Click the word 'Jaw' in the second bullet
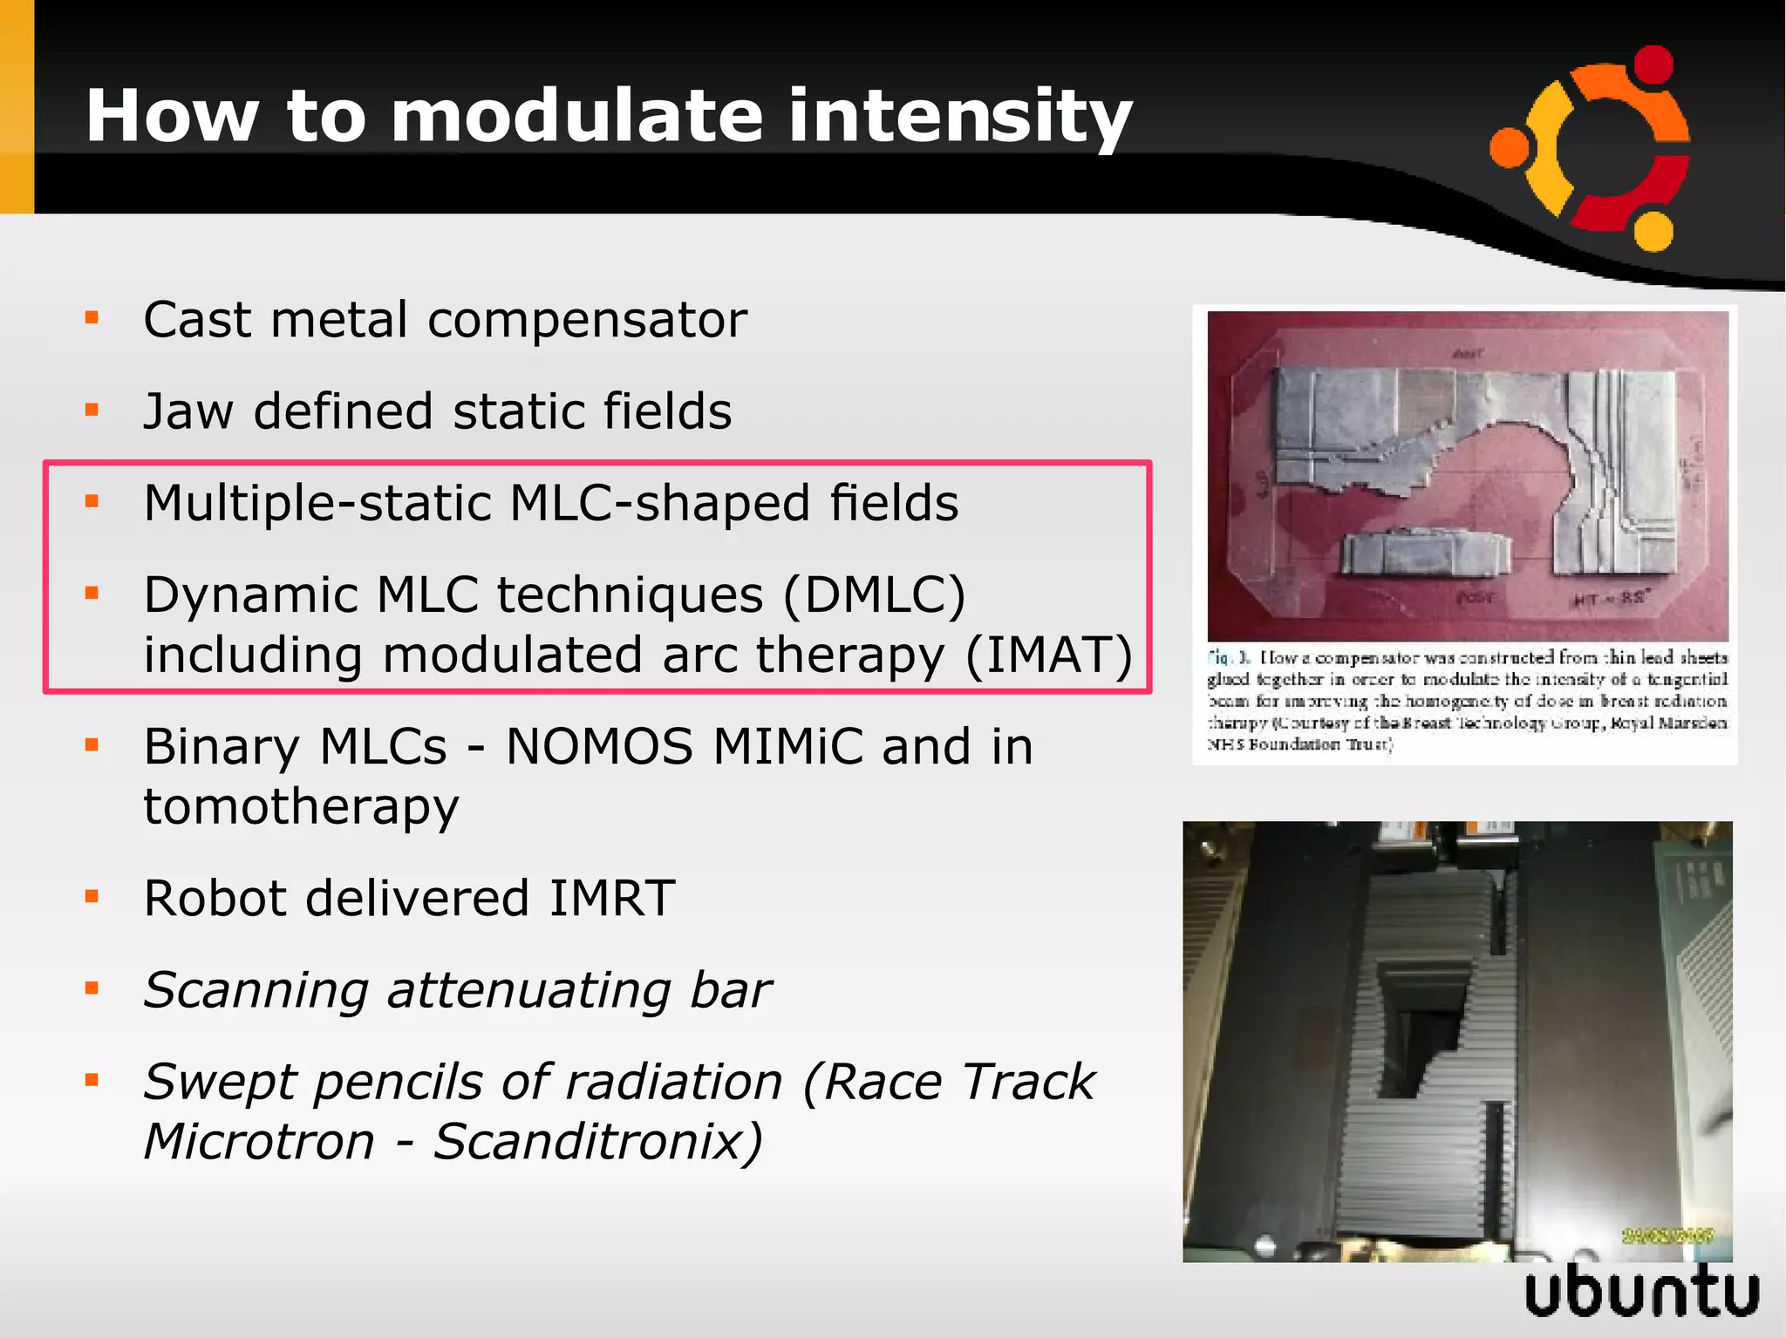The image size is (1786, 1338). click(187, 411)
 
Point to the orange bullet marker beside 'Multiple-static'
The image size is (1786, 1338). click(92, 501)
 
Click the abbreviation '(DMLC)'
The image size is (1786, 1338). click(875, 595)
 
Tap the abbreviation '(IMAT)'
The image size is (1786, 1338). click(1048, 655)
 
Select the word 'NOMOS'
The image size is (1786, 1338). click(599, 748)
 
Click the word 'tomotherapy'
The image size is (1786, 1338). click(301, 807)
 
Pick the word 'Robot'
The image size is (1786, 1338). click(215, 899)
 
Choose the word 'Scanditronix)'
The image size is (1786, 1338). click(598, 1142)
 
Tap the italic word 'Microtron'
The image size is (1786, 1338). click(259, 1142)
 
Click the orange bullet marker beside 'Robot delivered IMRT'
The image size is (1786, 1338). click(92, 897)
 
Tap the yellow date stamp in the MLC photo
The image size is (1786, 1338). click(1668, 1235)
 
